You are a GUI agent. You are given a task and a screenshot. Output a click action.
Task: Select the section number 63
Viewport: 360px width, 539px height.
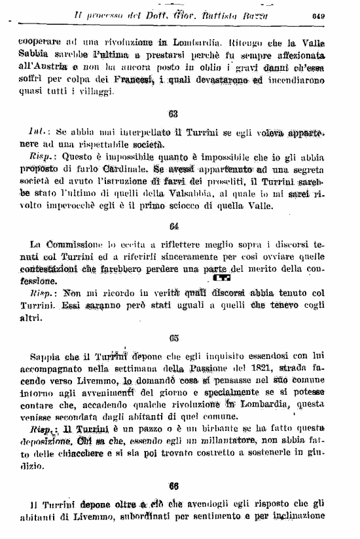[x=173, y=114]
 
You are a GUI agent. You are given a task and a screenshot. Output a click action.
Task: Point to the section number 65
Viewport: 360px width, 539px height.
[x=173, y=338]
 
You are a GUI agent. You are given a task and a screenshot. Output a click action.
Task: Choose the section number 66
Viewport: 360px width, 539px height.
[x=173, y=487]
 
